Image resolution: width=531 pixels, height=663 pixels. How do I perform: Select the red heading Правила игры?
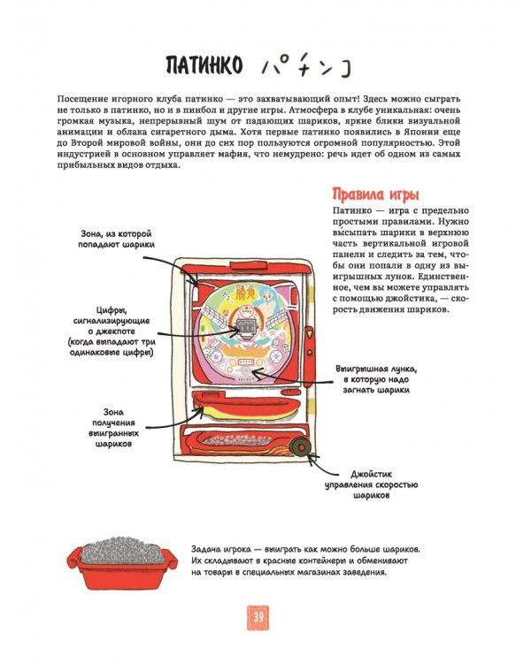(374, 194)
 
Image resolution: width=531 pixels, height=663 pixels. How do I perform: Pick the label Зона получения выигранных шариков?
(111, 428)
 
